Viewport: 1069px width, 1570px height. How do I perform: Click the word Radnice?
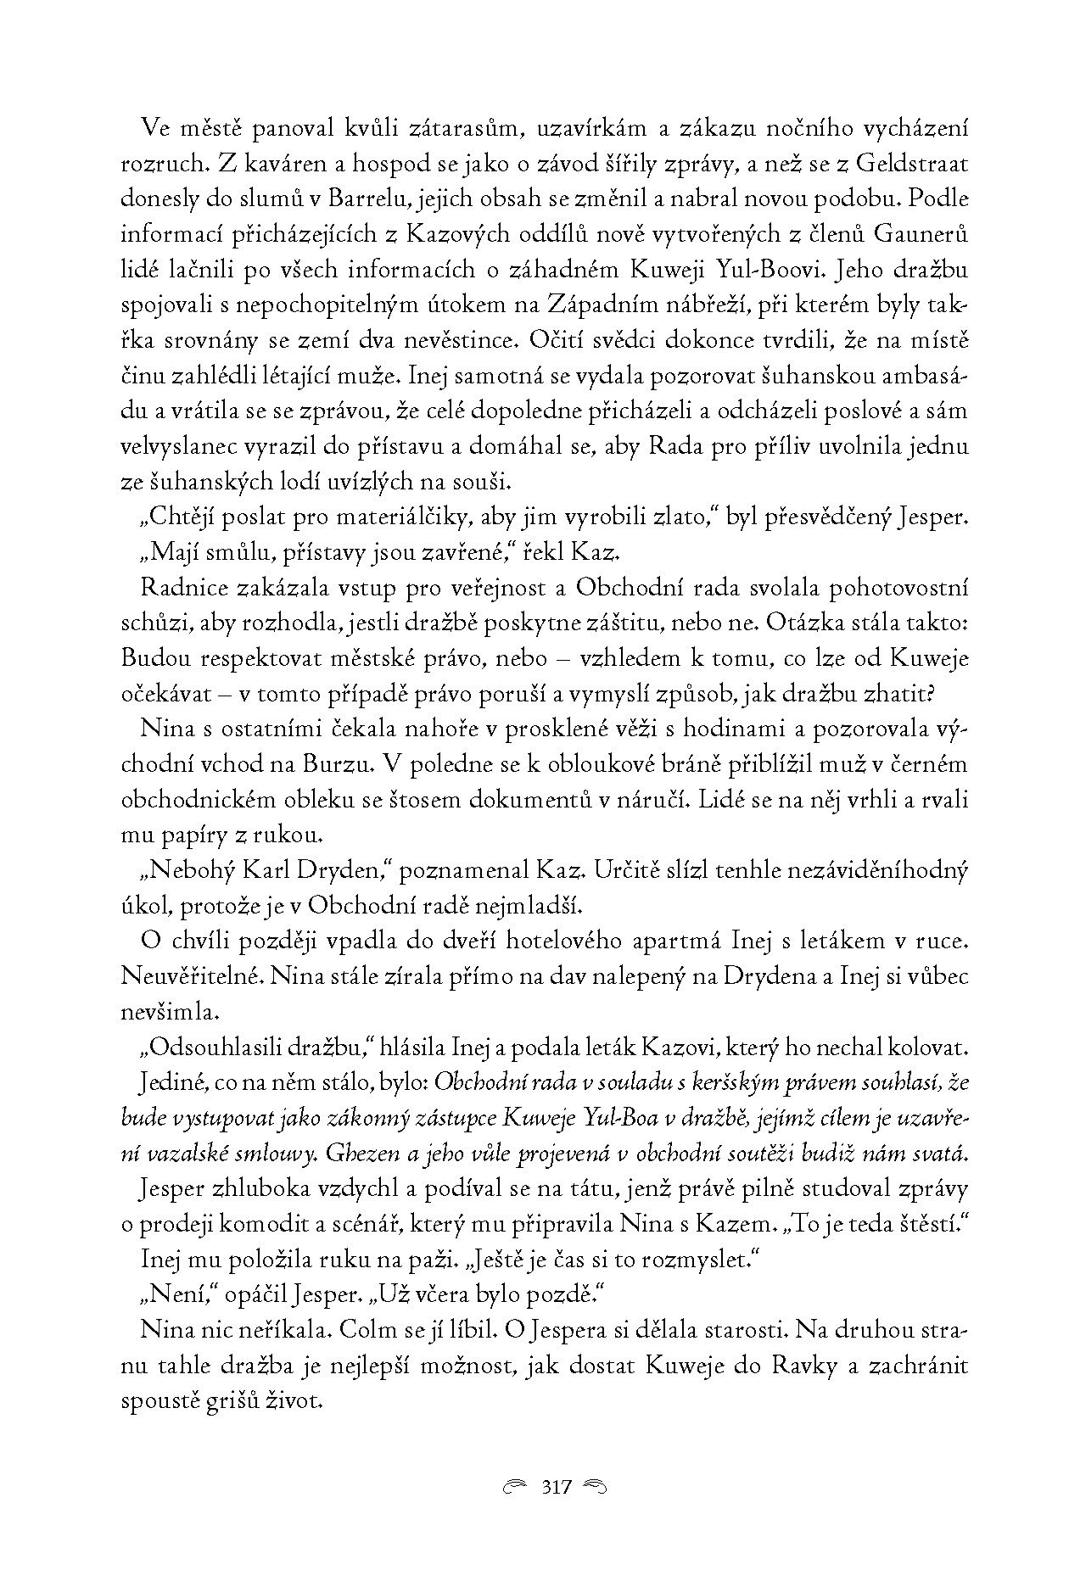(181, 589)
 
